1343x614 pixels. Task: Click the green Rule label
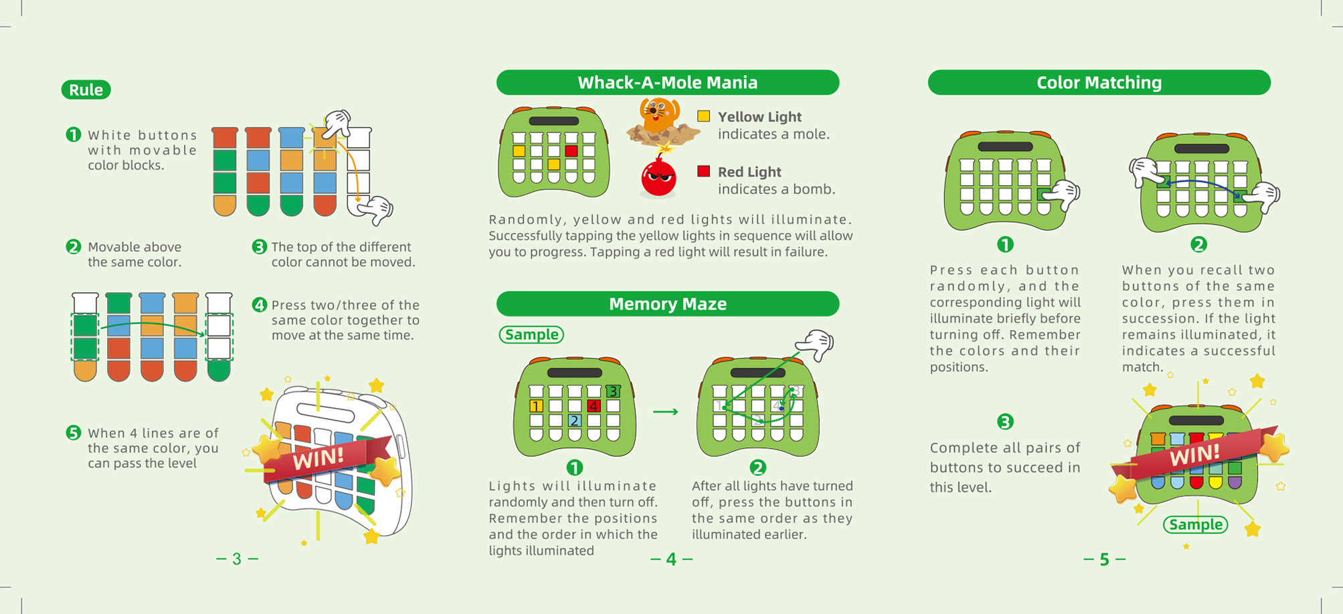86,90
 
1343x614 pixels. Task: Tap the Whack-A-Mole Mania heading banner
667,82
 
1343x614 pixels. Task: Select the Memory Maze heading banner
667,304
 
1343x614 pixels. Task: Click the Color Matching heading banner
1099,82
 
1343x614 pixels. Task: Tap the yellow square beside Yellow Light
703,116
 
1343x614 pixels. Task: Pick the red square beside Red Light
703,171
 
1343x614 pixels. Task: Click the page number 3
237,558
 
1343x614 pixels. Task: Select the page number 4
671,559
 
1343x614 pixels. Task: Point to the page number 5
1104,559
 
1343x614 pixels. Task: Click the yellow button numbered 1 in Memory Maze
536,406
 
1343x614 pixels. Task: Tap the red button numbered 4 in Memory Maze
594,406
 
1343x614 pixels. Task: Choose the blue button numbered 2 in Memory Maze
574,421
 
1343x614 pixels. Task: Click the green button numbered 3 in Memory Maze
612,391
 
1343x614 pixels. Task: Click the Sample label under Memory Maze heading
531,334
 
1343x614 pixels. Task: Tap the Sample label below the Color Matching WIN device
1196,525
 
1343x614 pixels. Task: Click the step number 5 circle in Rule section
74,433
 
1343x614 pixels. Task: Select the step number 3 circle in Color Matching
1005,421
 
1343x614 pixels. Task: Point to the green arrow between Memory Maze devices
665,411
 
